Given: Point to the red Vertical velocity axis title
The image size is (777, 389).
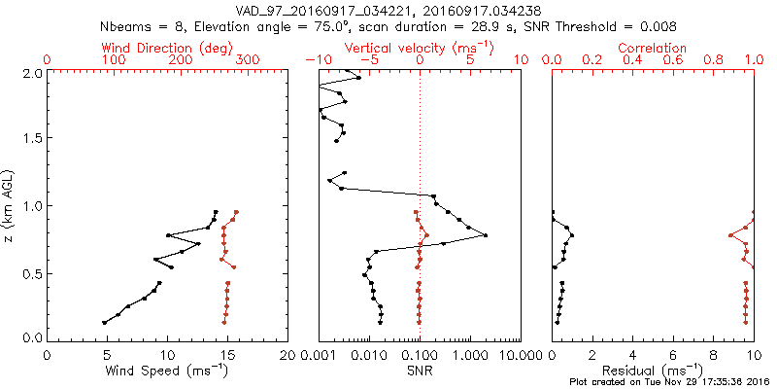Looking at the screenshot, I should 419,48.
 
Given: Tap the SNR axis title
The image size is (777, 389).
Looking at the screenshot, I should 419,370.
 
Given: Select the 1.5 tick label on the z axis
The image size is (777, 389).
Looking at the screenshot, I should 33,138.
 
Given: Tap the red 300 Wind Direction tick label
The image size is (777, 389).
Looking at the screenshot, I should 248,60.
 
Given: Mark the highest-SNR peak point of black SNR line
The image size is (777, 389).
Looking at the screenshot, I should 486,235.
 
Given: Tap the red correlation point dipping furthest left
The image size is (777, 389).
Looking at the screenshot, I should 729,235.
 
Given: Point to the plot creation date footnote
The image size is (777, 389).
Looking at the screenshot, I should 669,382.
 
